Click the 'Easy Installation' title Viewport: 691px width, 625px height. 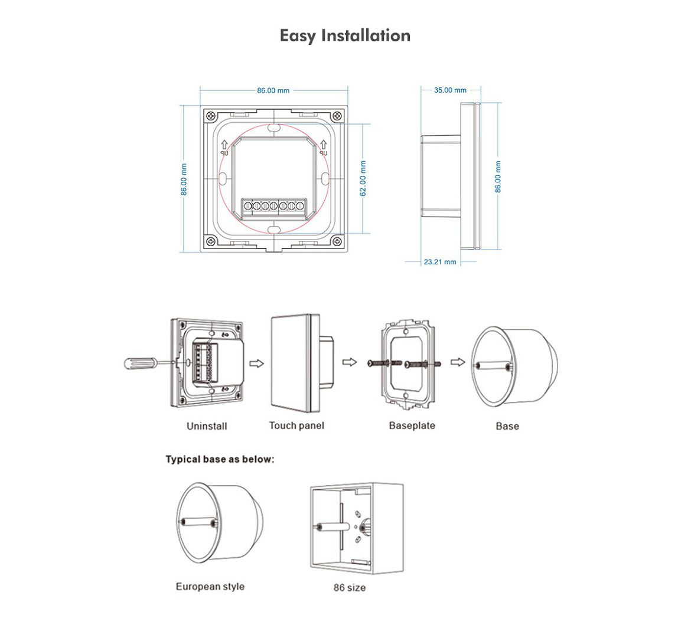345,35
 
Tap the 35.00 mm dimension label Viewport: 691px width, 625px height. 450,90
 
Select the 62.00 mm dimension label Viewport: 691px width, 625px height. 363,179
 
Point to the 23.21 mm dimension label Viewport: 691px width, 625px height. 440,261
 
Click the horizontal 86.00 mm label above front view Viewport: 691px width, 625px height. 273,90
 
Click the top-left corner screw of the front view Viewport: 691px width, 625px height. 210,115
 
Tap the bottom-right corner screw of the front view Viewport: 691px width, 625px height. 336,241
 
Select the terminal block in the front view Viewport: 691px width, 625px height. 273,205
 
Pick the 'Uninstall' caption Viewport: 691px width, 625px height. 207,426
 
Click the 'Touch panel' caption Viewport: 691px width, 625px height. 296,426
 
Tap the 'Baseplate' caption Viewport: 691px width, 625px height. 412,426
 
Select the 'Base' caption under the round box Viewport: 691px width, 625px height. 507,426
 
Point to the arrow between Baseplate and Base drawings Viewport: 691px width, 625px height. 455,362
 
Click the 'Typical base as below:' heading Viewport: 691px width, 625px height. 220,459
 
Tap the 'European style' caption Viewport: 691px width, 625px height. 210,587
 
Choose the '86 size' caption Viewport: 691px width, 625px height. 349,588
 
